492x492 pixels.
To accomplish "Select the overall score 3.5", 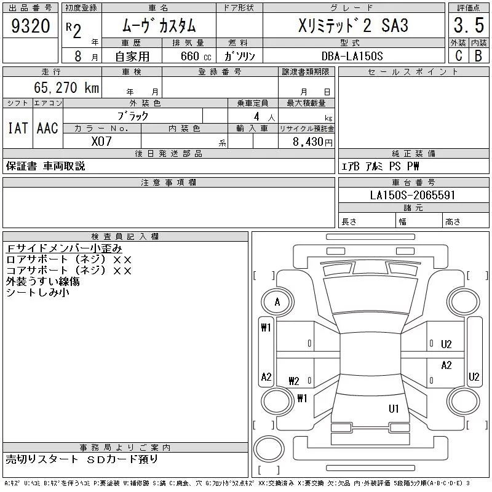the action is [467, 26].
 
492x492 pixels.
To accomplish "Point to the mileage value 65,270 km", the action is [68, 88].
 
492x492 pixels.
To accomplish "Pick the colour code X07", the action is [102, 141].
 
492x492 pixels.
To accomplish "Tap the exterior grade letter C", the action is [458, 56].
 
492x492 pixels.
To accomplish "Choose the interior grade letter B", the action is [478, 56].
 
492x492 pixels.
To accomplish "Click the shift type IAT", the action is [17, 128].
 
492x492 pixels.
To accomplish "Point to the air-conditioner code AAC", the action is [47, 128].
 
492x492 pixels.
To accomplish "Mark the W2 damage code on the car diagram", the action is [293, 381].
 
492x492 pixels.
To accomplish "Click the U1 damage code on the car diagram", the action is [394, 408].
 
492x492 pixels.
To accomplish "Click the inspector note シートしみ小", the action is [38, 293].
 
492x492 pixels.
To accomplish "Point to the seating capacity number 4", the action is [255, 116].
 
